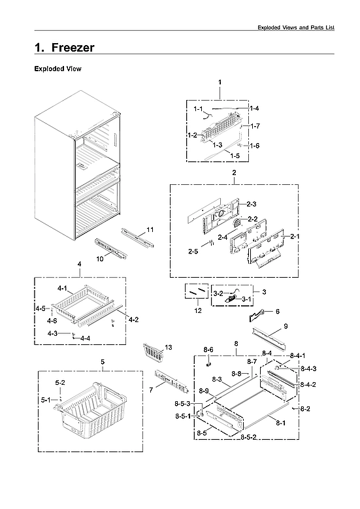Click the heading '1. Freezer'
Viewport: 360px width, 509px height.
(x=64, y=48)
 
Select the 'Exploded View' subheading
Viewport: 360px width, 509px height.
(x=57, y=69)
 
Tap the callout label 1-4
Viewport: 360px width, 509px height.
(x=254, y=108)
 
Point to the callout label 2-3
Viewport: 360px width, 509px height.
(x=251, y=205)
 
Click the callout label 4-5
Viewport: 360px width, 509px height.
(x=41, y=308)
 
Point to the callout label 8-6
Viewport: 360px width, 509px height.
(x=208, y=350)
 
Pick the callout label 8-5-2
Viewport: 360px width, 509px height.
(x=249, y=436)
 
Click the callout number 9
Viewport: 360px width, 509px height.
(x=286, y=325)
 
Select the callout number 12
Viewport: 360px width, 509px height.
(x=198, y=311)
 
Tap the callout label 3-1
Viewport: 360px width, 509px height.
(x=246, y=299)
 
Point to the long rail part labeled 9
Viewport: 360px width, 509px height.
(x=270, y=338)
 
